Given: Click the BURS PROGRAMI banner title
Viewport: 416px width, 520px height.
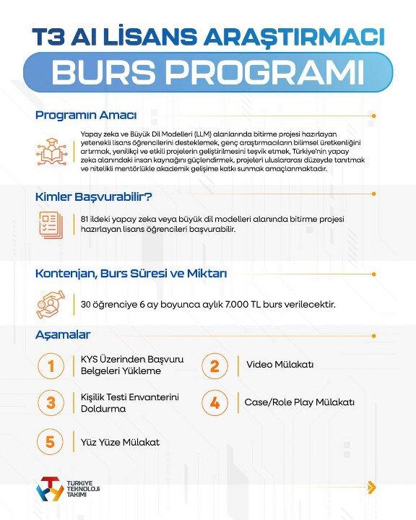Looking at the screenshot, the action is (207, 72).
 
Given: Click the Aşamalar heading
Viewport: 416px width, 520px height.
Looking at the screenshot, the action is (63, 334).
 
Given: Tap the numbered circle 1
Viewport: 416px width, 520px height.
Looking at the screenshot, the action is (51, 365).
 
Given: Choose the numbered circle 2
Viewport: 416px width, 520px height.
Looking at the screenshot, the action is (214, 365).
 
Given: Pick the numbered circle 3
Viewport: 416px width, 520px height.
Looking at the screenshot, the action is (51, 402).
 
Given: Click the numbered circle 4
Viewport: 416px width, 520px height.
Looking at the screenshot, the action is (214, 402).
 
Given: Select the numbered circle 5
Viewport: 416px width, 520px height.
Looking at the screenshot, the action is (51, 441).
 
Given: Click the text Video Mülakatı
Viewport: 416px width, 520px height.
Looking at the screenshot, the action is (279, 365).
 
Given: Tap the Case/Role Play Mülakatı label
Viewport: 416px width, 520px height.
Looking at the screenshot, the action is (299, 402).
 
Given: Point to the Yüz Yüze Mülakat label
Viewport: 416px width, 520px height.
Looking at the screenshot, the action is (120, 441).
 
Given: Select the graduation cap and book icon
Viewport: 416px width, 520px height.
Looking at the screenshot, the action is (51, 152).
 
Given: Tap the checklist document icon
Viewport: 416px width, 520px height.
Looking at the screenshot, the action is (51, 224).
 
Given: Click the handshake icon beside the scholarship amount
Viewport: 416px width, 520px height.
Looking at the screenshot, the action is (51, 305).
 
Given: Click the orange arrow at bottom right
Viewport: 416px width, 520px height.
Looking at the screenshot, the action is (371, 487).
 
